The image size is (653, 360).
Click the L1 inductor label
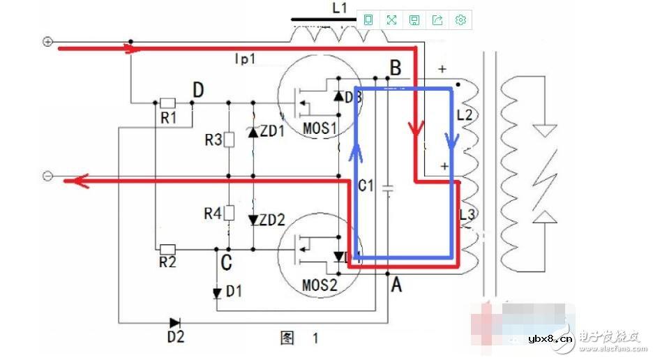(x=339, y=8)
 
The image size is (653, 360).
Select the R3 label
(x=213, y=140)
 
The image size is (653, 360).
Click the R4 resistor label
(x=213, y=213)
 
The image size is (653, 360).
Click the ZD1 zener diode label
(x=272, y=131)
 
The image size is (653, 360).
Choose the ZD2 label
(x=272, y=220)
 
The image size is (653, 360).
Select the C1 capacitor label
(x=366, y=186)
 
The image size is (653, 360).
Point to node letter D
(x=198, y=90)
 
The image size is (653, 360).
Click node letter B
(x=395, y=68)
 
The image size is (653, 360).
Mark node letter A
(x=396, y=285)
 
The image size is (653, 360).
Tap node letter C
(x=225, y=263)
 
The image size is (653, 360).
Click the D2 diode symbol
(x=174, y=322)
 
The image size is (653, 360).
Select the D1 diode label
(x=234, y=291)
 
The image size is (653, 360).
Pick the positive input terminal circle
(x=47, y=42)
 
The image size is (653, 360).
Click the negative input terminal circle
(x=47, y=176)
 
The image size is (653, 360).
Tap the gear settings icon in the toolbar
(x=460, y=20)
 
